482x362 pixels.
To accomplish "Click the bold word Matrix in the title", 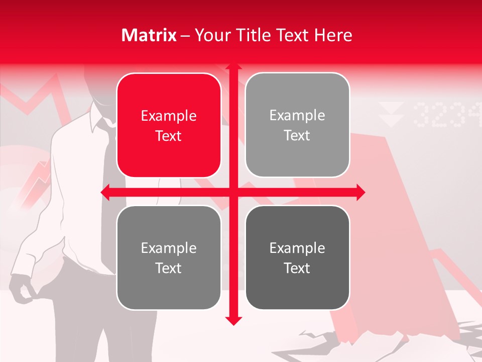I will pos(149,35).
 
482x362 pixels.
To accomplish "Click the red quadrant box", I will pos(169,125).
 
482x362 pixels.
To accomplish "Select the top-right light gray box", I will pos(297,125).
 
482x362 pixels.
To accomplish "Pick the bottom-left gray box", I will pos(169,257).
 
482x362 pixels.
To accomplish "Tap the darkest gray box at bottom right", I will pos(297,257).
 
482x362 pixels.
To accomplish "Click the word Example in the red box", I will pos(169,116).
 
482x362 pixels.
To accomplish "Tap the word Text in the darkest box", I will pos(297,268).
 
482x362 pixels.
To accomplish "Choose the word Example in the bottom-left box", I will pos(169,248).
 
